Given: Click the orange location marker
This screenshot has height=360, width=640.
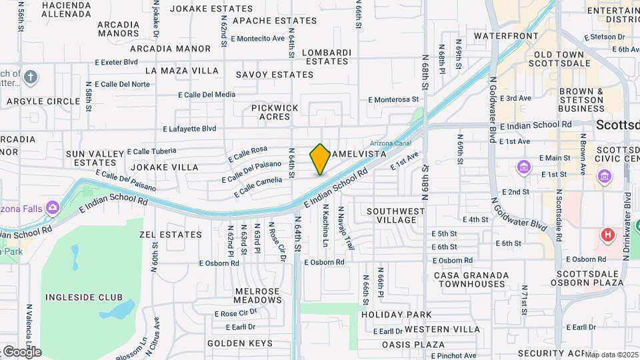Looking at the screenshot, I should (320, 159).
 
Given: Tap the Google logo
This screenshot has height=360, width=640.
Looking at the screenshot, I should (21, 352).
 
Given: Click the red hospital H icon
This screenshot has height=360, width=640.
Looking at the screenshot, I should (607, 235).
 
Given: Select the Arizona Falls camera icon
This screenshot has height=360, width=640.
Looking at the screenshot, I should (52, 209).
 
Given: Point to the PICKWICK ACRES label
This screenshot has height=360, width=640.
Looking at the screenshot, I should (275, 112).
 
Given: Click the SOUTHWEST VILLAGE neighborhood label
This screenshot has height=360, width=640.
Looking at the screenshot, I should (396, 216).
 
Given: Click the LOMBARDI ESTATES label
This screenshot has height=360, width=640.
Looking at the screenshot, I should (326, 57).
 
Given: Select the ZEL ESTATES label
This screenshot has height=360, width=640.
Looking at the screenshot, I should (170, 235).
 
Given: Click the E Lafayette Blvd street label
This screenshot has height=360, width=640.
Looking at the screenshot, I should (189, 129).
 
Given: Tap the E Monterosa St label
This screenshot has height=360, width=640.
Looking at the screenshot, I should (393, 99).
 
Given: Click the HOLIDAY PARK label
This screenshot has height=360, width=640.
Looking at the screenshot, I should (397, 315).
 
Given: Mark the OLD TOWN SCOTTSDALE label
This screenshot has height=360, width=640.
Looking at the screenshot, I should (559, 59).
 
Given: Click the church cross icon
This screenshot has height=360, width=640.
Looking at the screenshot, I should (29, 77).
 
